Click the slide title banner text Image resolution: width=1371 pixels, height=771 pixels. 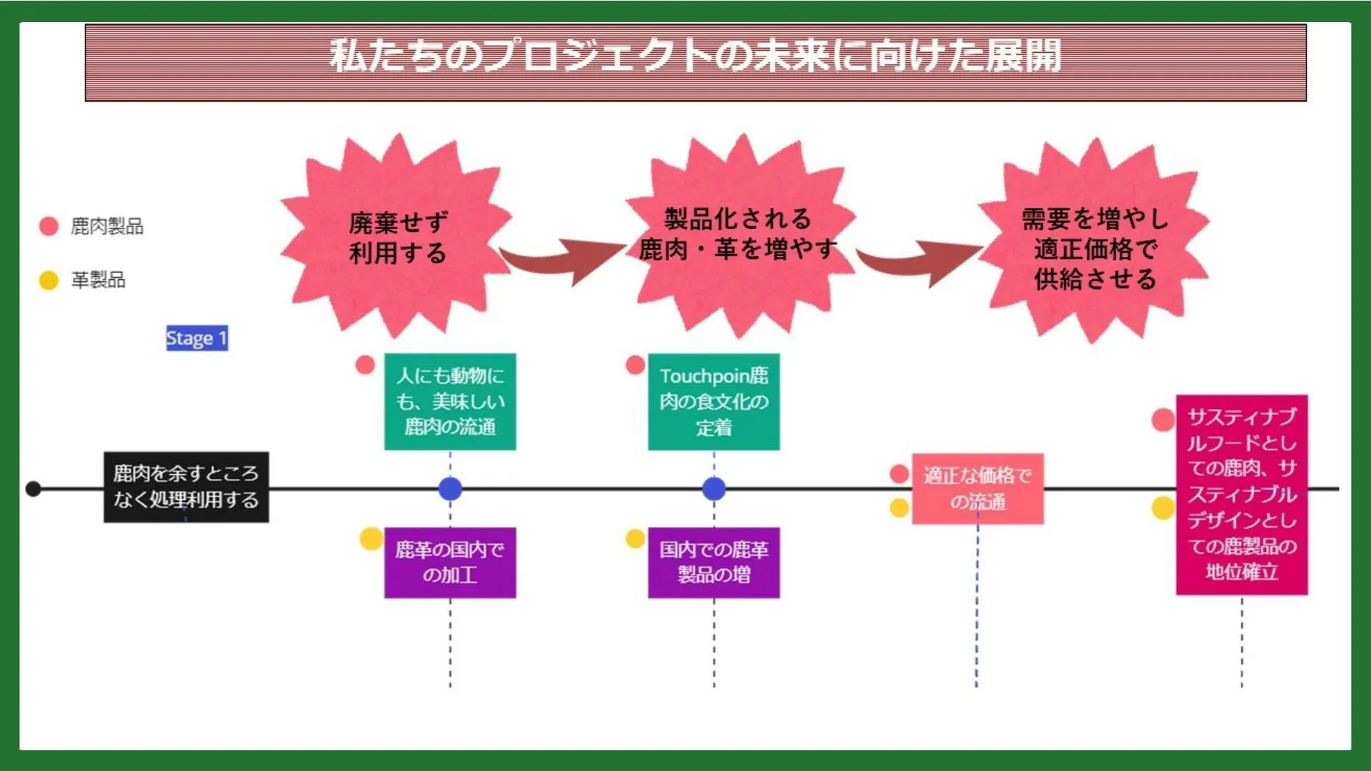695,56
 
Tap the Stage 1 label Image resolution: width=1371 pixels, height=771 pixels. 196,338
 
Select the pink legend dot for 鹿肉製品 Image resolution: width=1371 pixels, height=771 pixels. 49,226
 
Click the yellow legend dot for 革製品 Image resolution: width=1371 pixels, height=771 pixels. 49,280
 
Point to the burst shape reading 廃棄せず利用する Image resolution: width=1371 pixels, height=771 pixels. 397,238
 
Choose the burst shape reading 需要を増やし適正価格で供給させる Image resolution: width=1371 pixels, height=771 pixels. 1094,246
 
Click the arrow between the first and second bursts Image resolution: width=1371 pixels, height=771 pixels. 564,260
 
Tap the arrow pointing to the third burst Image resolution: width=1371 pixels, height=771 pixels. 921,260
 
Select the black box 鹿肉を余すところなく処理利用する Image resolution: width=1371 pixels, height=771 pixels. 186,487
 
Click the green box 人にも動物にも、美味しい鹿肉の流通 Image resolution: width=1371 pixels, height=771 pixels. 450,401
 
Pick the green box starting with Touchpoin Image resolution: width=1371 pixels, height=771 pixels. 713,401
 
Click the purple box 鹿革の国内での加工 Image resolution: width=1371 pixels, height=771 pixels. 450,563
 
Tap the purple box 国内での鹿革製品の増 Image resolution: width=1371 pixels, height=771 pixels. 713,563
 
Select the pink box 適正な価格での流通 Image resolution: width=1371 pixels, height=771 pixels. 978,488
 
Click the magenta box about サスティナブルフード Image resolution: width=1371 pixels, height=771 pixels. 1242,494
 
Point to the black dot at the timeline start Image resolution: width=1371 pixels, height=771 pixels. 33,489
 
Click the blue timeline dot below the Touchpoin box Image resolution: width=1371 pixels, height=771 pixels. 713,489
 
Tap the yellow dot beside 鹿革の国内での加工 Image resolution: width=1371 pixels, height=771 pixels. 371,538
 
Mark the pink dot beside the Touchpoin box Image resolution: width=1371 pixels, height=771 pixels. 635,365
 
